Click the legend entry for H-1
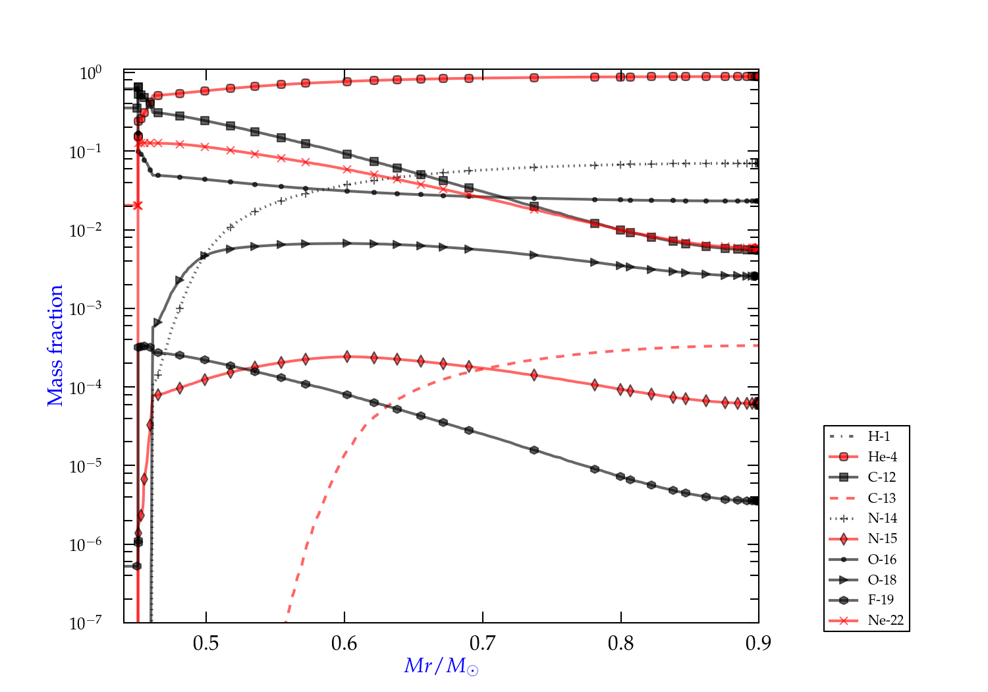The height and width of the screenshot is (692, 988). pos(879,436)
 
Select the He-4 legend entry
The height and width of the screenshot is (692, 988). pos(882,457)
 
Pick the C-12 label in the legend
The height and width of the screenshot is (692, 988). pos(881,477)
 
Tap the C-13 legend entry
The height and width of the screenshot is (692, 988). pos(881,498)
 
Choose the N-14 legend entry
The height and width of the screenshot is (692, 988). pos(882,518)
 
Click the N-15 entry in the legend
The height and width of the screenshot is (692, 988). pos(882,538)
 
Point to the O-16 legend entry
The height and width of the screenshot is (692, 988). pos(882,560)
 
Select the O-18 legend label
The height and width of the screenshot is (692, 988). pos(882,580)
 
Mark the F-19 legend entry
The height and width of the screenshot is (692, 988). pos(881,600)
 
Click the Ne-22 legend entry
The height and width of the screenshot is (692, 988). pos(885,620)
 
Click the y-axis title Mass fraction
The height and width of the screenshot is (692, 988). pos(55,345)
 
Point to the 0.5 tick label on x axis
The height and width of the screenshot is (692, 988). pos(206,643)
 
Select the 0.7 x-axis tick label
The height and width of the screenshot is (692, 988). pos(483,643)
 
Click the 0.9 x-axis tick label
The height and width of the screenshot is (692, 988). pos(759,643)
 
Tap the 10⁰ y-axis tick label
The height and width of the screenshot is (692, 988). pos(91,72)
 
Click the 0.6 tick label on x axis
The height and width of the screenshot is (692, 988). pos(344,643)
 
